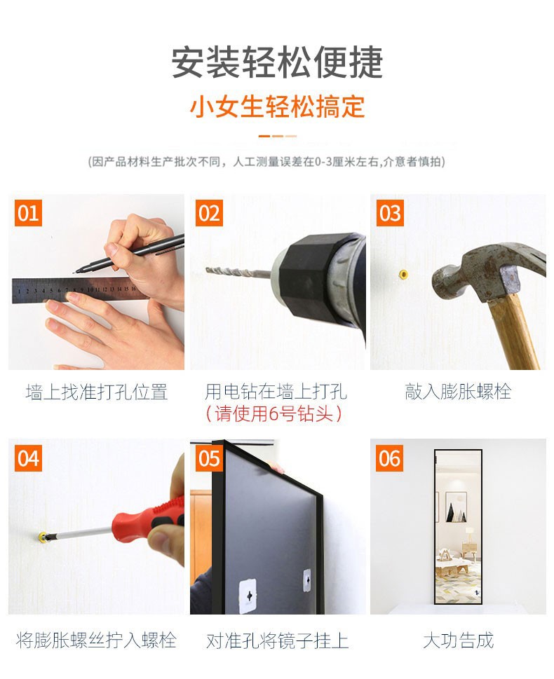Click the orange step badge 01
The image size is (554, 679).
28,213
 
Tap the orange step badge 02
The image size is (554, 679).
209,213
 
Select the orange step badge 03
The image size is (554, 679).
390,213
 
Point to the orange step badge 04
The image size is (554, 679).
28,458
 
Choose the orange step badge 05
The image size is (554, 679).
209,458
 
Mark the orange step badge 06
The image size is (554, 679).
390,458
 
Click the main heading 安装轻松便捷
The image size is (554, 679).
277,62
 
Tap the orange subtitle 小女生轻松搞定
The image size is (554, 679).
277,107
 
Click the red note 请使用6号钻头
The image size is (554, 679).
274,413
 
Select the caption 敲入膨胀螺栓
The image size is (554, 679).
458,392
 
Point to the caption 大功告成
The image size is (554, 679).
458,640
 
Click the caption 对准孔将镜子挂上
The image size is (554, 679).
278,640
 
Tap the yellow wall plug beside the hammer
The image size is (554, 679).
404,274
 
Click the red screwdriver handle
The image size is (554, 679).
147,520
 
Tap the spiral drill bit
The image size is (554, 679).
239,273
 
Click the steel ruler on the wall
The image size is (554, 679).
74,289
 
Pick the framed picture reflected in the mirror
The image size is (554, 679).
456,507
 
